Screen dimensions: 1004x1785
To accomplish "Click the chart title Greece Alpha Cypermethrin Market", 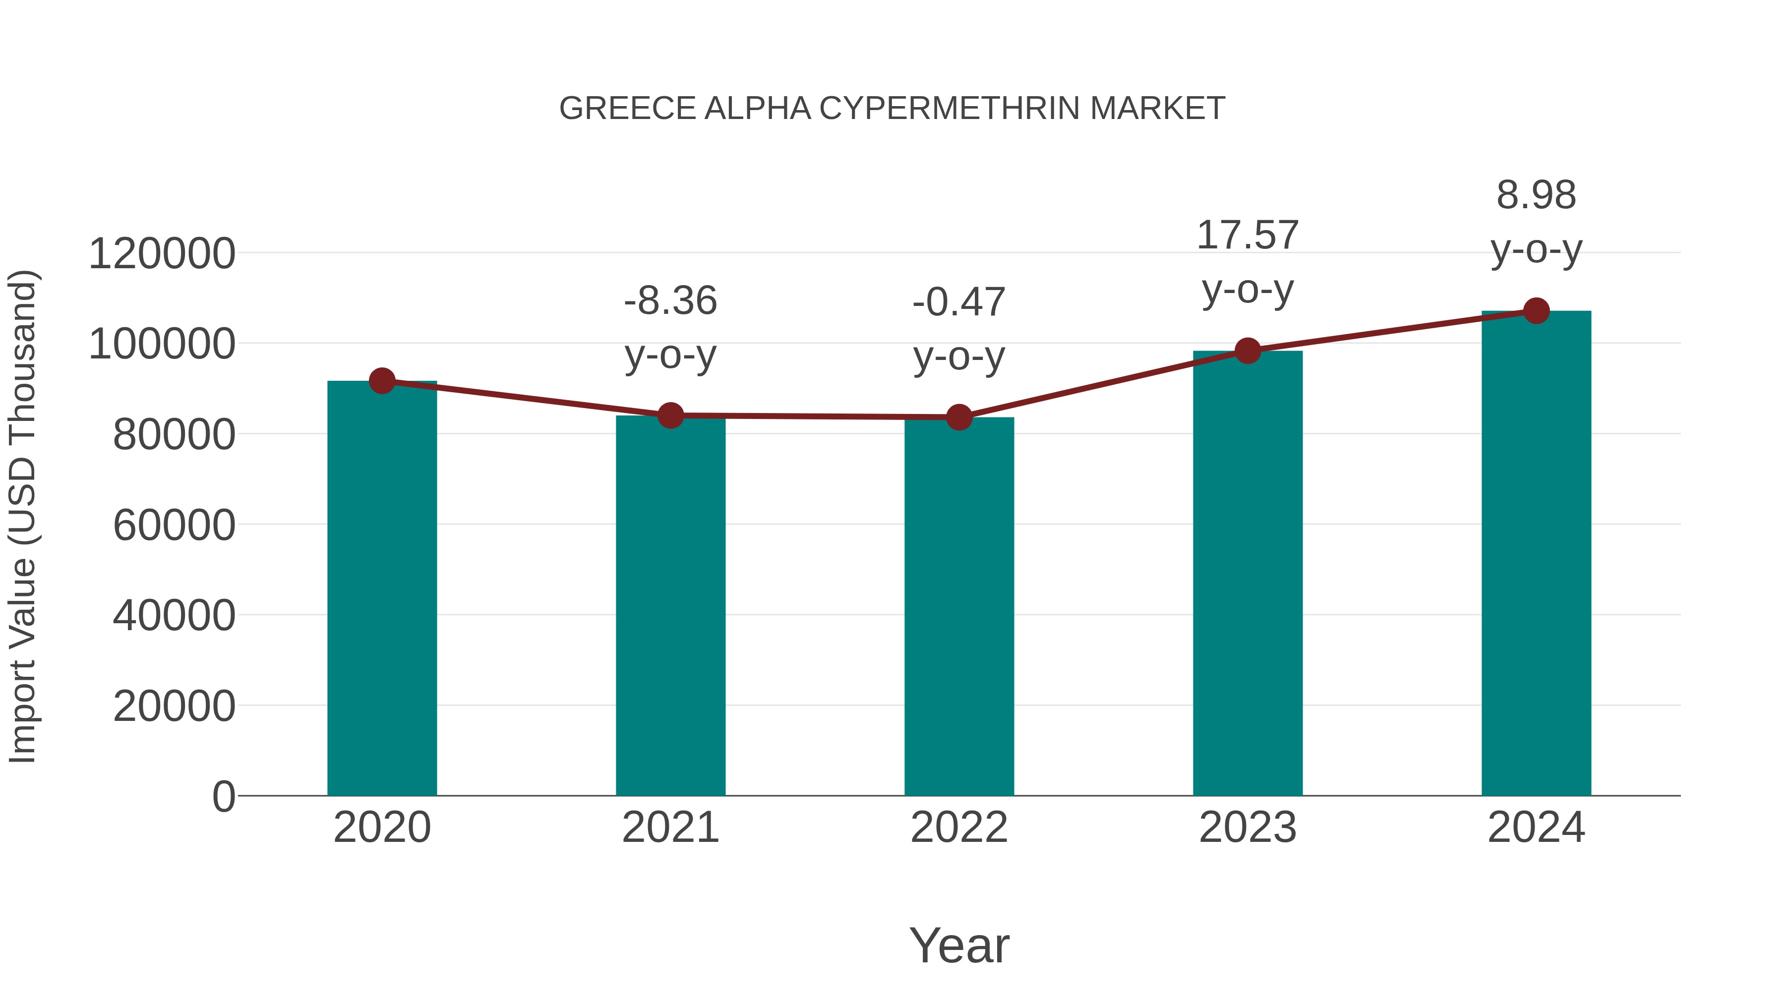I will click(892, 109).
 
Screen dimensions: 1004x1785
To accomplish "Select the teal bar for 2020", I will click(382, 589).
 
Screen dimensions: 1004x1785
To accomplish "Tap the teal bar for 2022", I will click(959, 606).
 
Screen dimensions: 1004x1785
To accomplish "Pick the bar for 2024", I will click(1536, 554).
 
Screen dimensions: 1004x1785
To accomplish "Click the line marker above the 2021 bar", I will click(670, 416).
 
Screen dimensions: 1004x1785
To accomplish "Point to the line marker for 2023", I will click(1248, 352).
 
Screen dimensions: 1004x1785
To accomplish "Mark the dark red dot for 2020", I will click(382, 380).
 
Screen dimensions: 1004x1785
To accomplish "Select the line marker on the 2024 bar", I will click(1536, 311).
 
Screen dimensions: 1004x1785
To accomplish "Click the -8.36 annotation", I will click(670, 301).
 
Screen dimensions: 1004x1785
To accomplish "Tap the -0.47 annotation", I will click(959, 303).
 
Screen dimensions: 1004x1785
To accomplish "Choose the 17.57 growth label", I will click(1248, 236).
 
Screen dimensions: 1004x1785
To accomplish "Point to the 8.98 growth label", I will click(1536, 195).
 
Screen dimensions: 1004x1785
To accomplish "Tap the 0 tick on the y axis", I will click(224, 797).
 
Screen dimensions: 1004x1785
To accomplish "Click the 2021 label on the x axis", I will click(670, 827).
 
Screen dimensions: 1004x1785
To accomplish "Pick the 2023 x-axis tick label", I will click(1248, 827).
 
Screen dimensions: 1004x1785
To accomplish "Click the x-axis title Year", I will click(959, 946).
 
